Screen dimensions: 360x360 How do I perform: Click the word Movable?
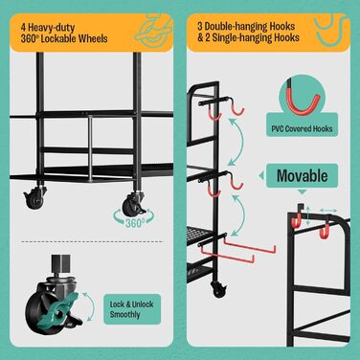coord(302,176)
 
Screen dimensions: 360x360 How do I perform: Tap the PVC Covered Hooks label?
coord(302,129)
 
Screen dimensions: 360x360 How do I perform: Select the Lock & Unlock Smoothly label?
coord(132,309)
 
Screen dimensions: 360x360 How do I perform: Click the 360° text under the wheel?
coord(135,223)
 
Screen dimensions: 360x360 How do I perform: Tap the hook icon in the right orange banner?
coord(328,32)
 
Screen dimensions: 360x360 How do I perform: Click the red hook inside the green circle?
coord(304,102)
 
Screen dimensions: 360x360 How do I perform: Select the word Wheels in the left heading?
coord(93,39)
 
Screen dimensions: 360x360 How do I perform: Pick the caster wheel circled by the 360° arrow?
coord(133,203)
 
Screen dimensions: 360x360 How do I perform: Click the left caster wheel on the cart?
coord(34,198)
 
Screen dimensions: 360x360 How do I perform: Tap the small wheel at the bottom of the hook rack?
coord(218,289)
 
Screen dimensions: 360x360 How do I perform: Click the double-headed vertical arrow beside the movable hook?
coord(308,216)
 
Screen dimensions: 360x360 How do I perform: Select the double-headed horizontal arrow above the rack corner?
coord(328,211)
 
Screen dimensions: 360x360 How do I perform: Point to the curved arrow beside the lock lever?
coord(91,306)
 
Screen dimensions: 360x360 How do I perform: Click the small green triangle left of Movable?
coord(261,175)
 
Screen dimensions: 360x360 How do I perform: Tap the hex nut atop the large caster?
coord(60,263)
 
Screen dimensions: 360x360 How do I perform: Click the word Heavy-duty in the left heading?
coord(52,28)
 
